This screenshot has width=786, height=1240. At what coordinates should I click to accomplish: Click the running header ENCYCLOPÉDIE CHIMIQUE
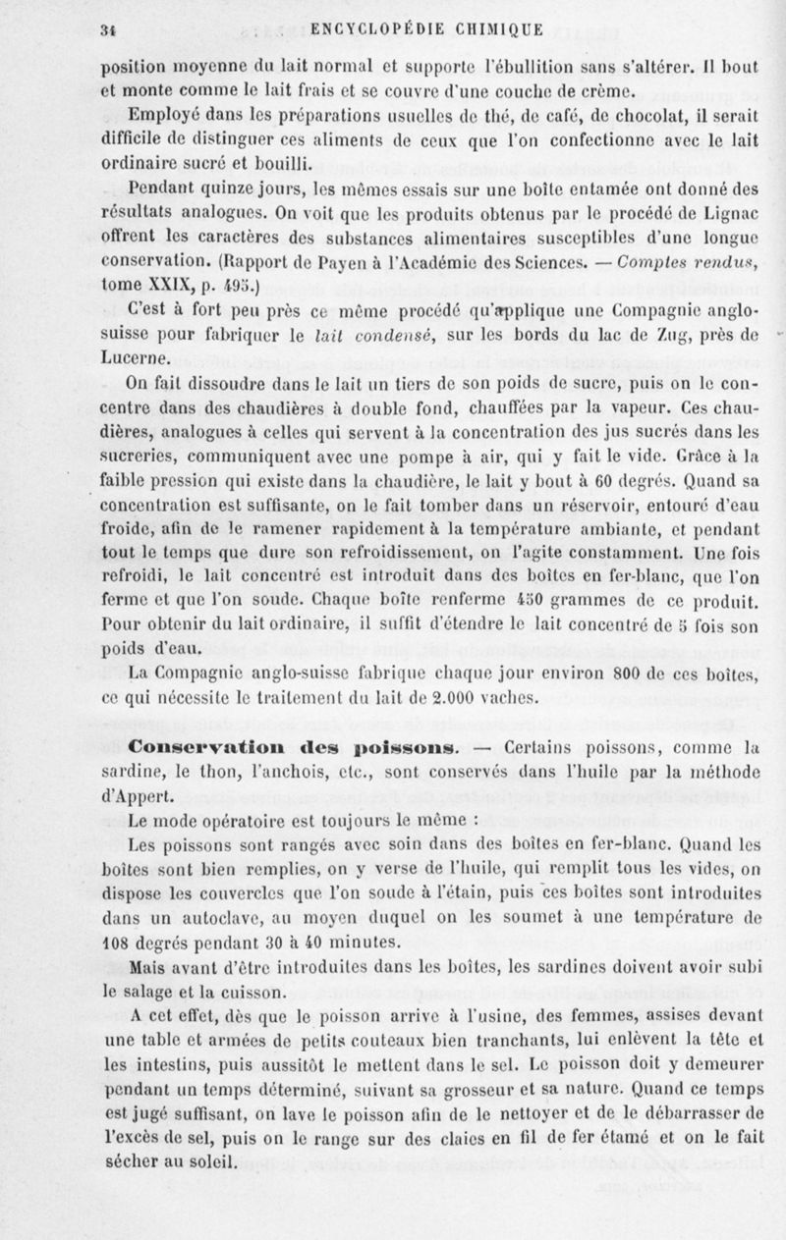[x=425, y=28]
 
